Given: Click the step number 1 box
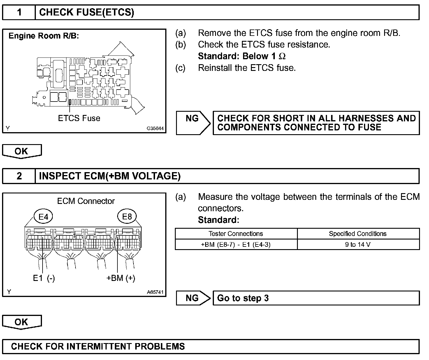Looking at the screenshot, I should click(19, 13).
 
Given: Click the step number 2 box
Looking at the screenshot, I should click(19, 176).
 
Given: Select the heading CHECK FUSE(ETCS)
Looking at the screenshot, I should click(87, 13).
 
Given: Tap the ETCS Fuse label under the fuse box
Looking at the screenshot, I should click(79, 118).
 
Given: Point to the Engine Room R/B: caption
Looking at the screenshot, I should click(44, 36).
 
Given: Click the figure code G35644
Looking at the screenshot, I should click(155, 128).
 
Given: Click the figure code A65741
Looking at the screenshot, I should click(155, 292).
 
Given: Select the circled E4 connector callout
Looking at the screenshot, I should click(43, 217).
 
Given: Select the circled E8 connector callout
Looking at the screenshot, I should click(127, 216).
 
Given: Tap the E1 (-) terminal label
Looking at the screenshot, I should click(44, 278).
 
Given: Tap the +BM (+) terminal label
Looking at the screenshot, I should click(121, 278).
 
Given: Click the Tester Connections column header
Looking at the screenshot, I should click(236, 234).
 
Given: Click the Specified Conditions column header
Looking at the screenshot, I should click(358, 234).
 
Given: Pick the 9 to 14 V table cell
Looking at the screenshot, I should click(358, 244).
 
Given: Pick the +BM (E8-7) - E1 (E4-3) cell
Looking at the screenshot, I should click(236, 244).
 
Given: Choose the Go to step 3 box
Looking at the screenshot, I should click(316, 298).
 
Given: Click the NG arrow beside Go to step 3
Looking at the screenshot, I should click(193, 298).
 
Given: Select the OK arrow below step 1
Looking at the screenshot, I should click(22, 151).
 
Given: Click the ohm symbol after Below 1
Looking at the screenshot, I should click(282, 56).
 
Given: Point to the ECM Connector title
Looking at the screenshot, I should click(86, 201).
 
